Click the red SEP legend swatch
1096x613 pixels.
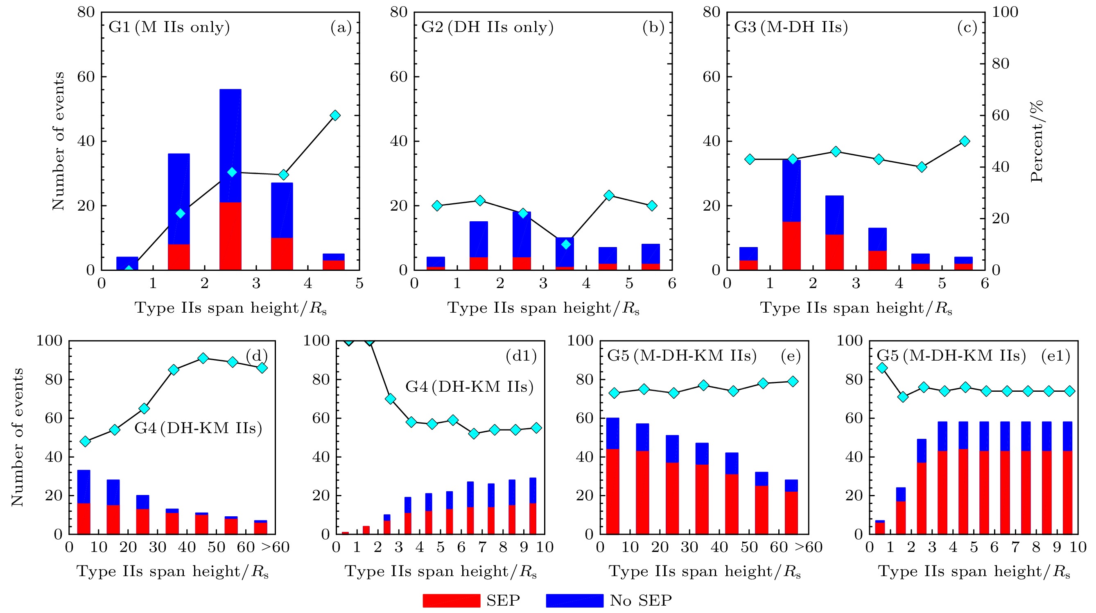[451, 600]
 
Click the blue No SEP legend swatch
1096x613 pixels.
[574, 600]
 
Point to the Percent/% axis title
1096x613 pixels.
[1037, 141]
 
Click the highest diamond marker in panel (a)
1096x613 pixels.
[335, 116]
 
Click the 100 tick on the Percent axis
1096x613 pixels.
[1005, 12]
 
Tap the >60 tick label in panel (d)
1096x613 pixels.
[275, 547]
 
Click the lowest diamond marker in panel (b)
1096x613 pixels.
[566, 244]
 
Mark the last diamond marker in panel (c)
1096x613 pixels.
[965, 141]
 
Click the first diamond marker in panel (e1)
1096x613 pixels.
[882, 368]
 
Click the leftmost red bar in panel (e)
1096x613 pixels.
[612, 492]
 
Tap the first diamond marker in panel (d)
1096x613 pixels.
[86, 441]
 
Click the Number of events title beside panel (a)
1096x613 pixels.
[58, 141]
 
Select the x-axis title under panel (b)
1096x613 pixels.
[543, 308]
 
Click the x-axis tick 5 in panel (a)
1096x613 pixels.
[359, 284]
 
